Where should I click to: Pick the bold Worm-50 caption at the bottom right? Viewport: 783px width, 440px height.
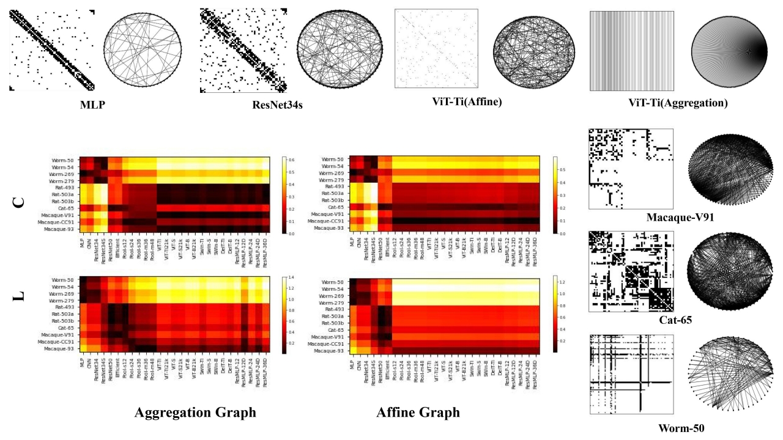[x=681, y=428]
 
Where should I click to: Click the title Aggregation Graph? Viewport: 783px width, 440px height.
[x=195, y=413]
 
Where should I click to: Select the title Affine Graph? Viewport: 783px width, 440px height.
[x=418, y=413]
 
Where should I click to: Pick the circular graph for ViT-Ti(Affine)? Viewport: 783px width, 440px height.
[x=534, y=51]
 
